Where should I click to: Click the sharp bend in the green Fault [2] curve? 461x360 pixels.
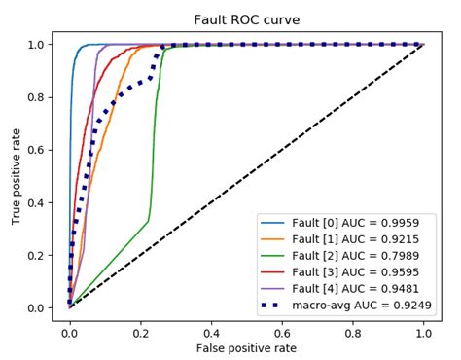coord(149,220)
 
